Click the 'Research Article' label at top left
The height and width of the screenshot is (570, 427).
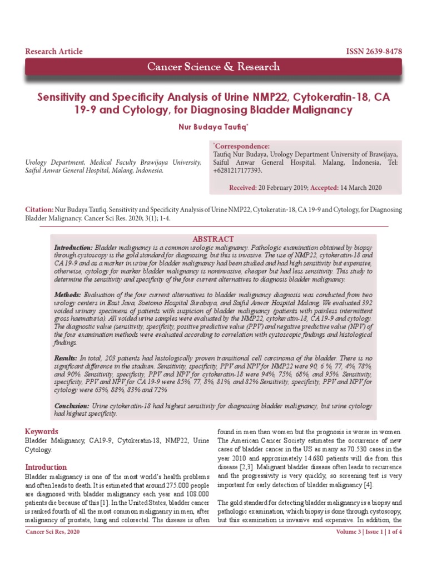(54, 52)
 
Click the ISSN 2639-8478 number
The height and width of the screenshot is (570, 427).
(374, 52)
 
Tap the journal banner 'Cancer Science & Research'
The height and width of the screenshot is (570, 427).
(213, 67)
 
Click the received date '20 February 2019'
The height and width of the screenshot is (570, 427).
(282, 188)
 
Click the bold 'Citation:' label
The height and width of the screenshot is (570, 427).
(39, 209)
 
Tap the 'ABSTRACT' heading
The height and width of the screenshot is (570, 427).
(212, 239)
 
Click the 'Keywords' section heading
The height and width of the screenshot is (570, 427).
(42, 431)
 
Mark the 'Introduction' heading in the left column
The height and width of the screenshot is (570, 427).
(46, 467)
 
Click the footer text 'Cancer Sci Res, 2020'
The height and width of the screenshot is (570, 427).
(53, 548)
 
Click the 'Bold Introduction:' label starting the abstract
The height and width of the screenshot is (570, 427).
(73, 247)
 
